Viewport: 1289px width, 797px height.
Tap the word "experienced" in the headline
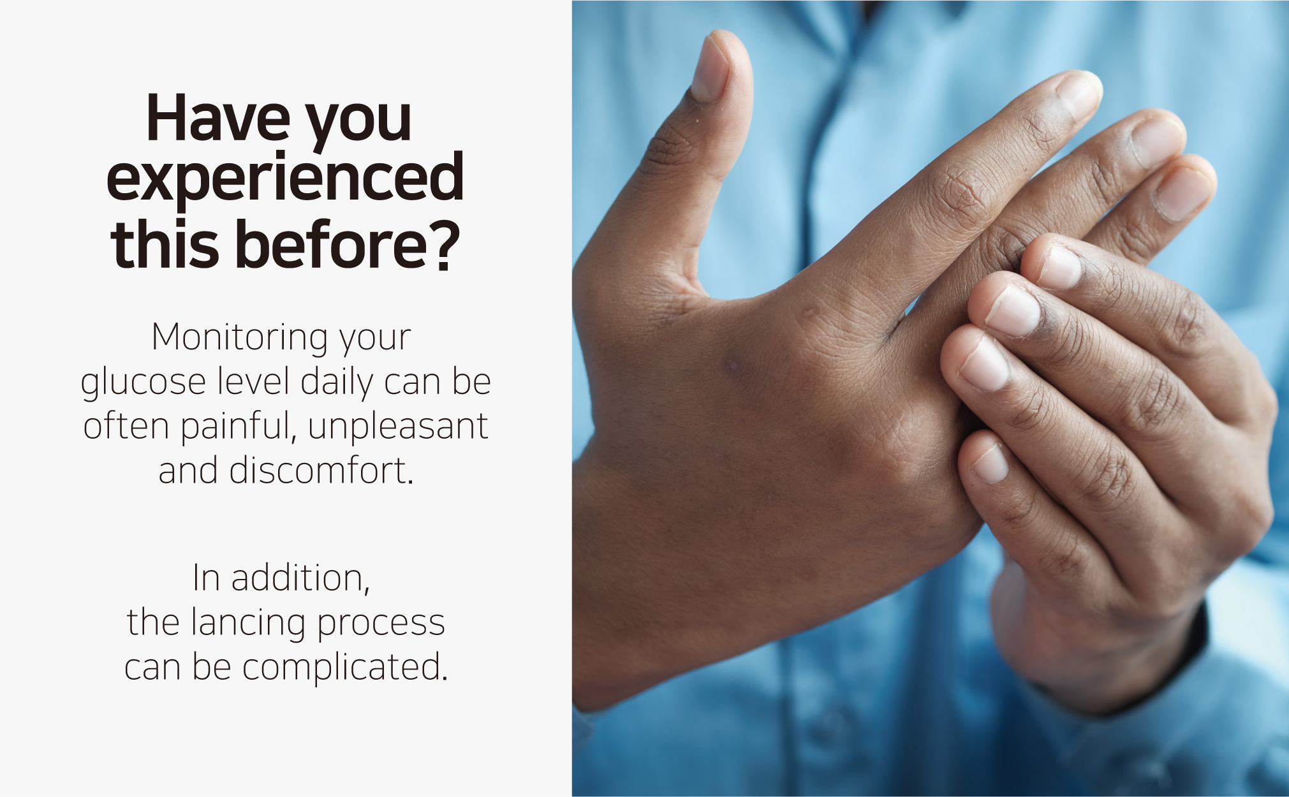[x=285, y=178]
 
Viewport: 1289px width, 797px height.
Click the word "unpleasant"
[x=398, y=426]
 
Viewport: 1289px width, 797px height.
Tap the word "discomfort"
[x=321, y=471]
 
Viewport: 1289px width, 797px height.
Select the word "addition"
[x=300, y=578]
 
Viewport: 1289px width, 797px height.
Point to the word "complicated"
[x=345, y=668]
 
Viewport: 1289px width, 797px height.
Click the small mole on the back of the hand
[x=732, y=365]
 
